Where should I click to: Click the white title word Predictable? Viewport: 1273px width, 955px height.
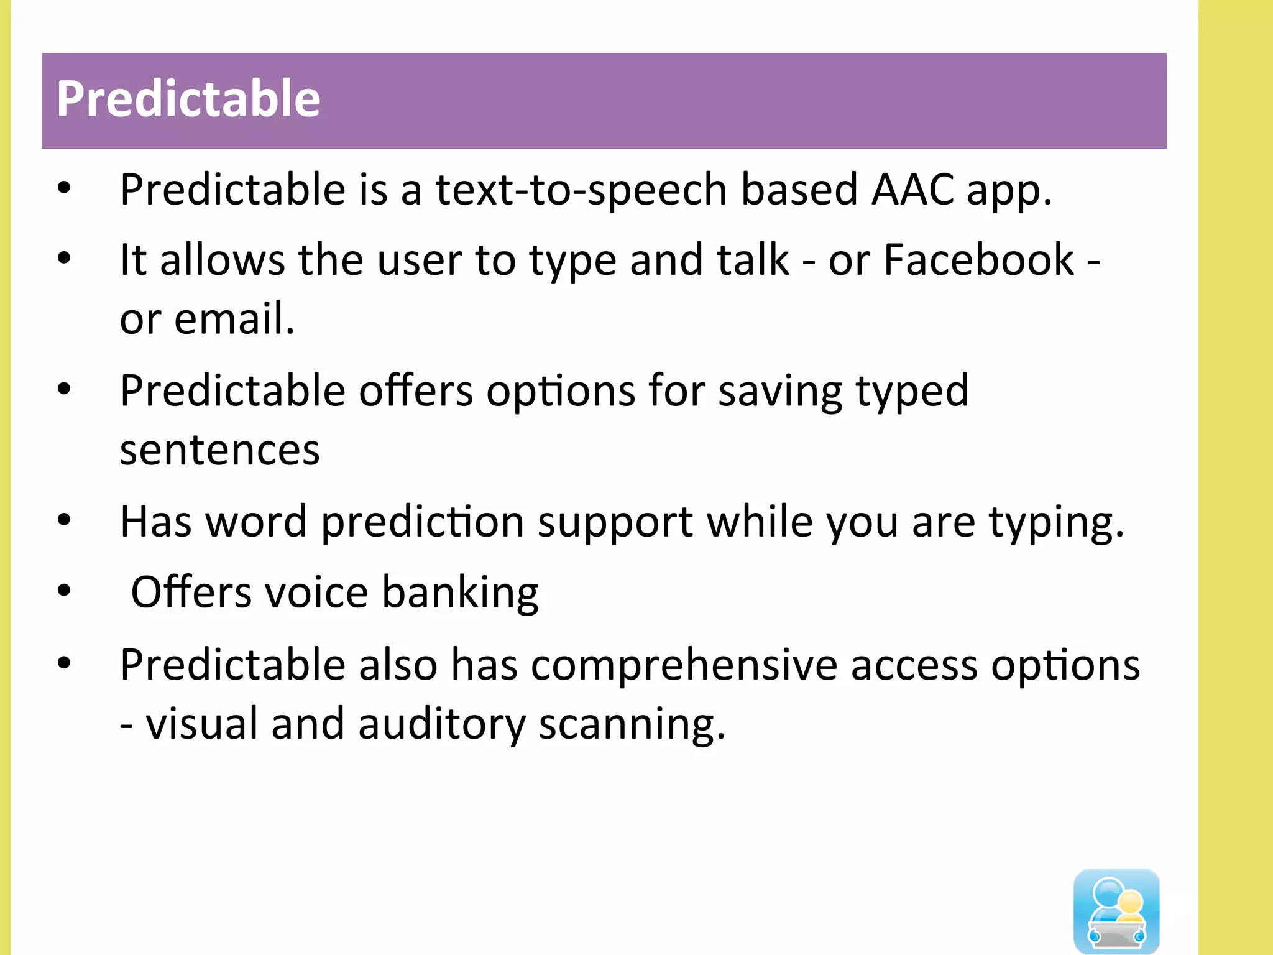[188, 99]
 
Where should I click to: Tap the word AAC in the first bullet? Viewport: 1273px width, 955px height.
[913, 190]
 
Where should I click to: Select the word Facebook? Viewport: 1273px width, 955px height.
[978, 260]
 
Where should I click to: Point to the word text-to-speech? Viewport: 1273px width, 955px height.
[581, 190]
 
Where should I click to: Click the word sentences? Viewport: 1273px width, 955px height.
[219, 450]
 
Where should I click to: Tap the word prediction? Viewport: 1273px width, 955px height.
[423, 522]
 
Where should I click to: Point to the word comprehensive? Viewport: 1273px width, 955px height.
[684, 666]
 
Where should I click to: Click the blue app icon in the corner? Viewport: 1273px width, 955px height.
[1116, 910]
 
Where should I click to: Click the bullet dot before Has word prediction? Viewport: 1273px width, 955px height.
[64, 520]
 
